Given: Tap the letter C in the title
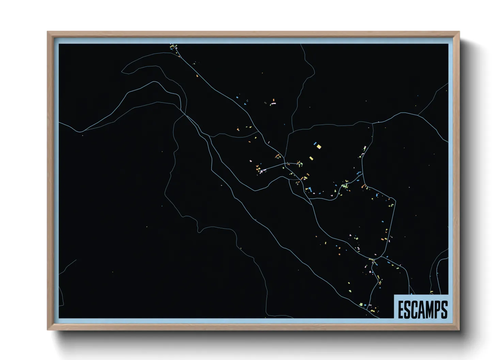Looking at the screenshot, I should (x=415, y=310).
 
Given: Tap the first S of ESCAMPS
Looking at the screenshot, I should (x=408, y=310).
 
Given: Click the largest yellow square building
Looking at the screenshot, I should (x=319, y=146).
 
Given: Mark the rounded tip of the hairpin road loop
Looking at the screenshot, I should (x=123, y=71).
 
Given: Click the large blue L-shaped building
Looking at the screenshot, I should (x=310, y=189).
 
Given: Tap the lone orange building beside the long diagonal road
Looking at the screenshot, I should (x=197, y=76).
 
